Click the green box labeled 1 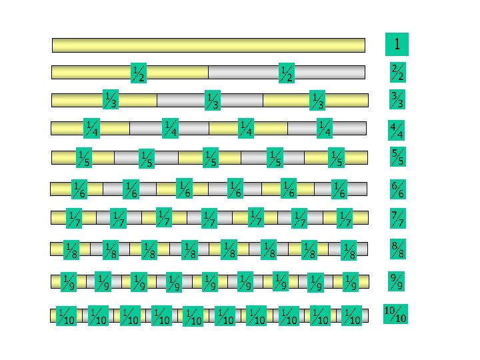tap(397, 45)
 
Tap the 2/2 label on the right tap(398, 72)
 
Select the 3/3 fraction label tap(398, 100)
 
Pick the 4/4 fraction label tap(397, 130)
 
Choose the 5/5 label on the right tap(397, 157)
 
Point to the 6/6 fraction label tap(397, 189)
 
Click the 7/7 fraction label tap(397, 218)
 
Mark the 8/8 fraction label tap(397, 250)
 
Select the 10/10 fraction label tap(396, 314)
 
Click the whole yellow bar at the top tap(208, 45)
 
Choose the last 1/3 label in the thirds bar tap(318, 100)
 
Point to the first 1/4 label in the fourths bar tap(91, 127)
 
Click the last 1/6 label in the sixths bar tap(339, 189)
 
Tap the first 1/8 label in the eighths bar tap(71, 251)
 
